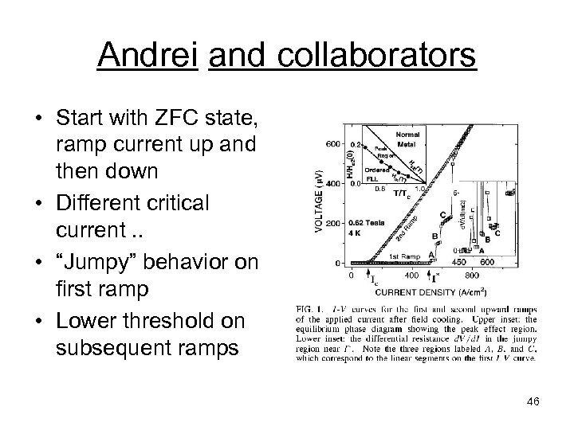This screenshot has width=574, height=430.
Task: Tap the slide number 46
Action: (x=532, y=401)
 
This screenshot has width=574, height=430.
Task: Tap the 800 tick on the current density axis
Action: (x=470, y=275)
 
